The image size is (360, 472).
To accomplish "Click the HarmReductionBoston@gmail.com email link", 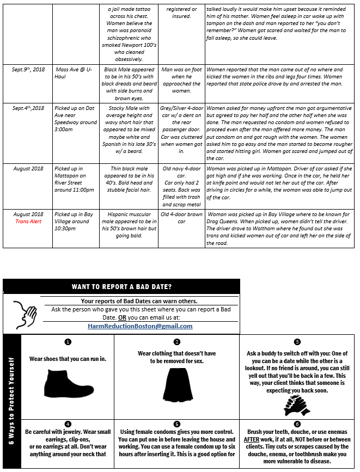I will pyautogui.click(x=140, y=326).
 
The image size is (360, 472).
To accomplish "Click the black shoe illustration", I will pyautogui.click(x=67, y=383).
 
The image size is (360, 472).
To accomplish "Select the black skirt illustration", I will pyautogui.click(x=176, y=382).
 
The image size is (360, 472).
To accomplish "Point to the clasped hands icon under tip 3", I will pyautogui.click(x=296, y=404).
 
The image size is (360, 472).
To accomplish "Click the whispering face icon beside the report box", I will pyautogui.click(x=25, y=313).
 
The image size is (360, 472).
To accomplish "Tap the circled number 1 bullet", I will pyautogui.click(x=68, y=342).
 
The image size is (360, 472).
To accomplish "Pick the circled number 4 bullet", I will pyautogui.click(x=68, y=424).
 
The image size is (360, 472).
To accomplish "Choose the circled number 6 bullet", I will pyautogui.click(x=297, y=424).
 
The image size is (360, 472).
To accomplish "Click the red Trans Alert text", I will pyautogui.click(x=28, y=222).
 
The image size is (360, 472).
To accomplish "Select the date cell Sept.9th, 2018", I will pyautogui.click(x=28, y=70).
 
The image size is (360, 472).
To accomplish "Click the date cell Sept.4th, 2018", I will pyautogui.click(x=28, y=108).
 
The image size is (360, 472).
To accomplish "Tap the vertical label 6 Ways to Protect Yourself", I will pyautogui.click(x=11, y=401).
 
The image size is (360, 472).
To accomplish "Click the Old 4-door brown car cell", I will pyautogui.click(x=182, y=218).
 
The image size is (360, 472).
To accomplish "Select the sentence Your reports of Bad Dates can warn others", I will pyautogui.click(x=139, y=301).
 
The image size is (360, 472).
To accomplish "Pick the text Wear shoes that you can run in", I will pyautogui.click(x=68, y=359).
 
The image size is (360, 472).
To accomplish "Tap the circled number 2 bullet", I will pyautogui.click(x=177, y=342).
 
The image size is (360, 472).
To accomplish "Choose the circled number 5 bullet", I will pyautogui.click(x=177, y=424).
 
